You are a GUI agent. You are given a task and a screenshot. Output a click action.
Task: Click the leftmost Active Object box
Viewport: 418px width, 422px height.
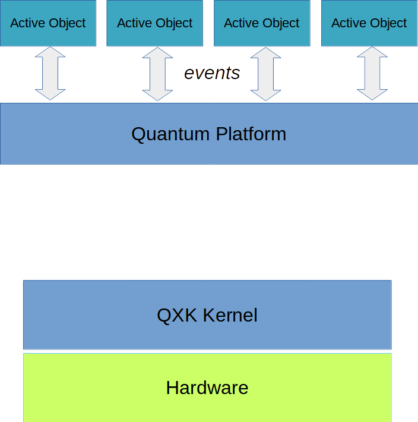(47, 23)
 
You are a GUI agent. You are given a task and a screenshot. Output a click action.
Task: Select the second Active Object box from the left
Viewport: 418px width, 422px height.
(154, 23)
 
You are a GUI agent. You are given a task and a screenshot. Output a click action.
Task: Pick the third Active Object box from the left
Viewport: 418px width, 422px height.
(262, 23)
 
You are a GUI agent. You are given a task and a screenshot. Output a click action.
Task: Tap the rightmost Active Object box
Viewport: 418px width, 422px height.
(369, 23)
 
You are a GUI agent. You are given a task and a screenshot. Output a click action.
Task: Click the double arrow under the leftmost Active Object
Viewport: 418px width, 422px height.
(50, 73)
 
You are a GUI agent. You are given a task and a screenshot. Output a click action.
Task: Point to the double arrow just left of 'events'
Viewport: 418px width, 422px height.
(157, 74)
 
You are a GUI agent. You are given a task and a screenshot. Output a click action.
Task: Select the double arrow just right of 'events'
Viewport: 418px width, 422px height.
(265, 74)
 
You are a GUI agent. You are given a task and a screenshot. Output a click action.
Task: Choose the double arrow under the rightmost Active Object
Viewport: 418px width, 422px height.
(372, 73)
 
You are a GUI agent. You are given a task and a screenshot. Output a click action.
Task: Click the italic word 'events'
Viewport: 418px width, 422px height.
(212, 73)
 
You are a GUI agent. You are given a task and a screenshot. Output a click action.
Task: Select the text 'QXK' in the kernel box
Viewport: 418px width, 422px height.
(176, 315)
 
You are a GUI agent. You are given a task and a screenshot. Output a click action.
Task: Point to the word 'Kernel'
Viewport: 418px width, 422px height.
(230, 315)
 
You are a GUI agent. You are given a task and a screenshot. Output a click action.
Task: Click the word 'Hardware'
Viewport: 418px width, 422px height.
(207, 388)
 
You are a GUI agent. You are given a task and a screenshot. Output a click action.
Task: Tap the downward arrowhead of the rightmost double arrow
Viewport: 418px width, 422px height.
(372, 94)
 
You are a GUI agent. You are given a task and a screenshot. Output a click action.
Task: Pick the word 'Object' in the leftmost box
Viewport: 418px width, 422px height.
(66, 23)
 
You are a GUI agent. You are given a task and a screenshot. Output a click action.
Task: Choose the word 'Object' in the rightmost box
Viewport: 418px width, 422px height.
(388, 23)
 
